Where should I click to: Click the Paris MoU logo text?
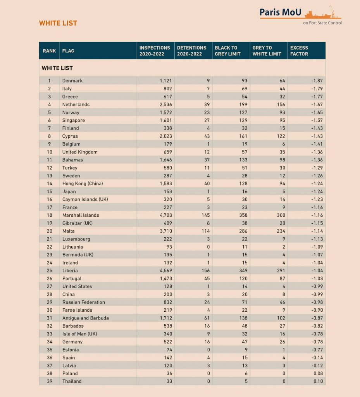(280, 12)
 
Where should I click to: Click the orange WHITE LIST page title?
(58, 23)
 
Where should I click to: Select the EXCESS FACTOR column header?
(299, 51)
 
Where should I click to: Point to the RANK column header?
(49, 51)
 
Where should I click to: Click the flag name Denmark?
(72, 81)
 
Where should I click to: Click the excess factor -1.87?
(317, 81)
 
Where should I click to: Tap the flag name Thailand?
(72, 381)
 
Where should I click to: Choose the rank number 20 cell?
(49, 231)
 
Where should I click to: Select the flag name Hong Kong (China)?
(83, 183)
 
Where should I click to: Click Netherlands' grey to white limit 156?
(281, 104)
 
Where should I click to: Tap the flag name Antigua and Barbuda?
(86, 318)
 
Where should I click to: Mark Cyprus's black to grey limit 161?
(243, 136)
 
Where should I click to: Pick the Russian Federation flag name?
(84, 302)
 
